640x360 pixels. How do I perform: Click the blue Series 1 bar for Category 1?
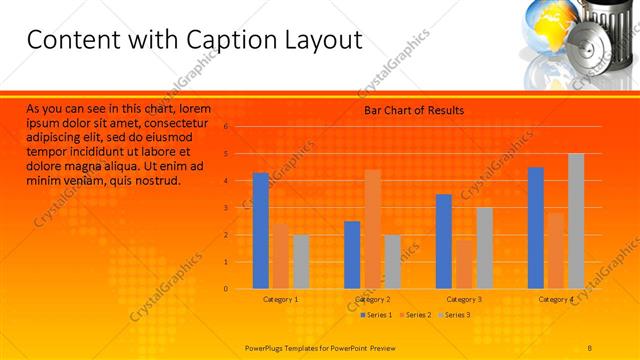(261, 231)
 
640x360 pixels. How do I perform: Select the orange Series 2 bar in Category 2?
(372, 229)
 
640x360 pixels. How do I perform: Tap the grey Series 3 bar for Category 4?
(576, 221)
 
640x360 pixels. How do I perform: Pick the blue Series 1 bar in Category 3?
(444, 241)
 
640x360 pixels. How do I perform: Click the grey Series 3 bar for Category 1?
(301, 262)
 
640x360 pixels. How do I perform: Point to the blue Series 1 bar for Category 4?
(536, 228)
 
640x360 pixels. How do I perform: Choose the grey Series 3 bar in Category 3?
(484, 248)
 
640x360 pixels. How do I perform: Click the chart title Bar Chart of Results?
(413, 110)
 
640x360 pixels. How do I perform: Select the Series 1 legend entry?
(375, 316)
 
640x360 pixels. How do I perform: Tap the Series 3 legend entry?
(455, 316)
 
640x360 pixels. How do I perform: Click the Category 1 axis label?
(281, 299)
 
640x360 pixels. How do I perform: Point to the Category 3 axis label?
(464, 299)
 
